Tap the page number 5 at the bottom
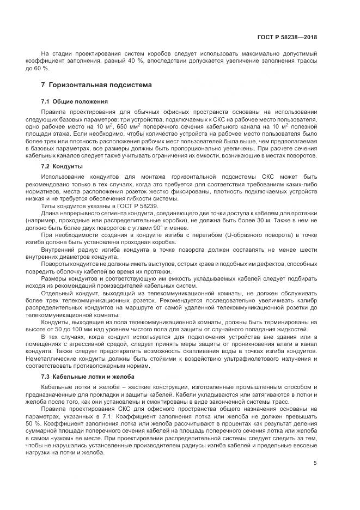click(315, 463)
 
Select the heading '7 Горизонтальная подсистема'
click(97, 86)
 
